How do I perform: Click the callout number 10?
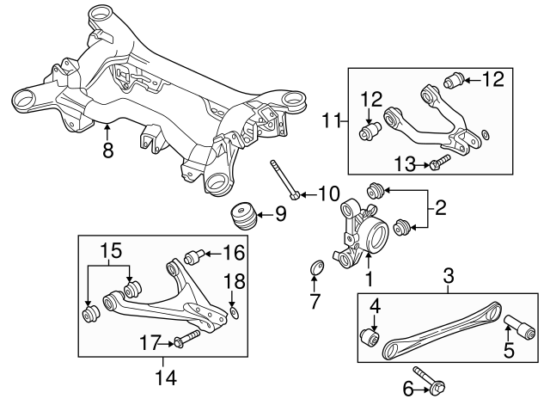click(328, 193)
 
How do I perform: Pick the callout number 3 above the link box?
click(449, 276)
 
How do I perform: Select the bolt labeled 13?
click(439, 162)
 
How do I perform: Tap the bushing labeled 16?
click(195, 256)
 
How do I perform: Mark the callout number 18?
click(234, 282)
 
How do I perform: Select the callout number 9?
click(281, 213)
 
